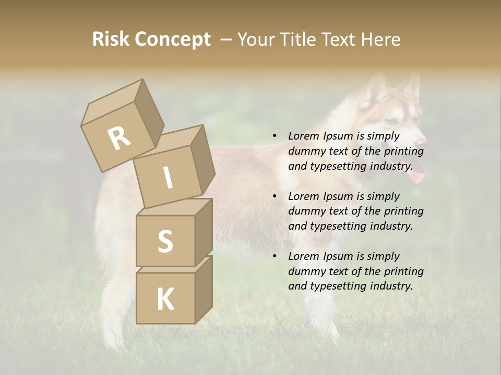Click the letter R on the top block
119,138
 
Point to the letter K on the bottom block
165,299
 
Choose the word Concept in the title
172,40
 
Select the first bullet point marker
275,136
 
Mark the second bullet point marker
275,196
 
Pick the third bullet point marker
275,256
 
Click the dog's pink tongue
416,179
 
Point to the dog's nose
423,141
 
